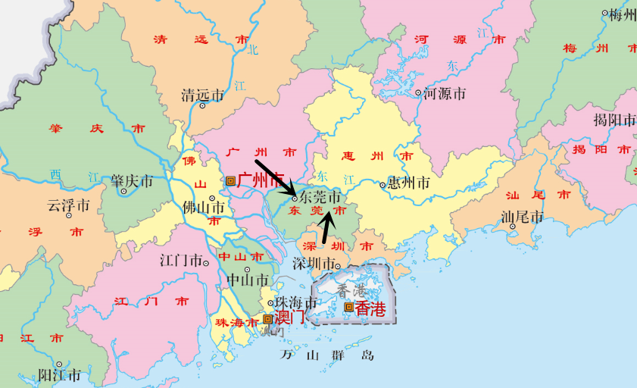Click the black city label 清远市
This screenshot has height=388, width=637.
tap(202, 95)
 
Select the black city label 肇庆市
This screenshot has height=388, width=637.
tap(132, 182)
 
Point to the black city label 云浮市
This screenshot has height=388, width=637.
tap(68, 205)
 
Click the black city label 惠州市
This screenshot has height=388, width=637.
tap(408, 183)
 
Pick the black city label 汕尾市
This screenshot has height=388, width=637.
tap(523, 217)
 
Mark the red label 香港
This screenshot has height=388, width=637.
tap(370, 308)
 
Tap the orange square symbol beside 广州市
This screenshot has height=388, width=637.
tap(230, 180)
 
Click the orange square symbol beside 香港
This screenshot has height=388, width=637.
tap(348, 307)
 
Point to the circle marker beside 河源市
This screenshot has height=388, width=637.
tap(418, 93)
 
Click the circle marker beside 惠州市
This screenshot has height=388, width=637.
tap(383, 184)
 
